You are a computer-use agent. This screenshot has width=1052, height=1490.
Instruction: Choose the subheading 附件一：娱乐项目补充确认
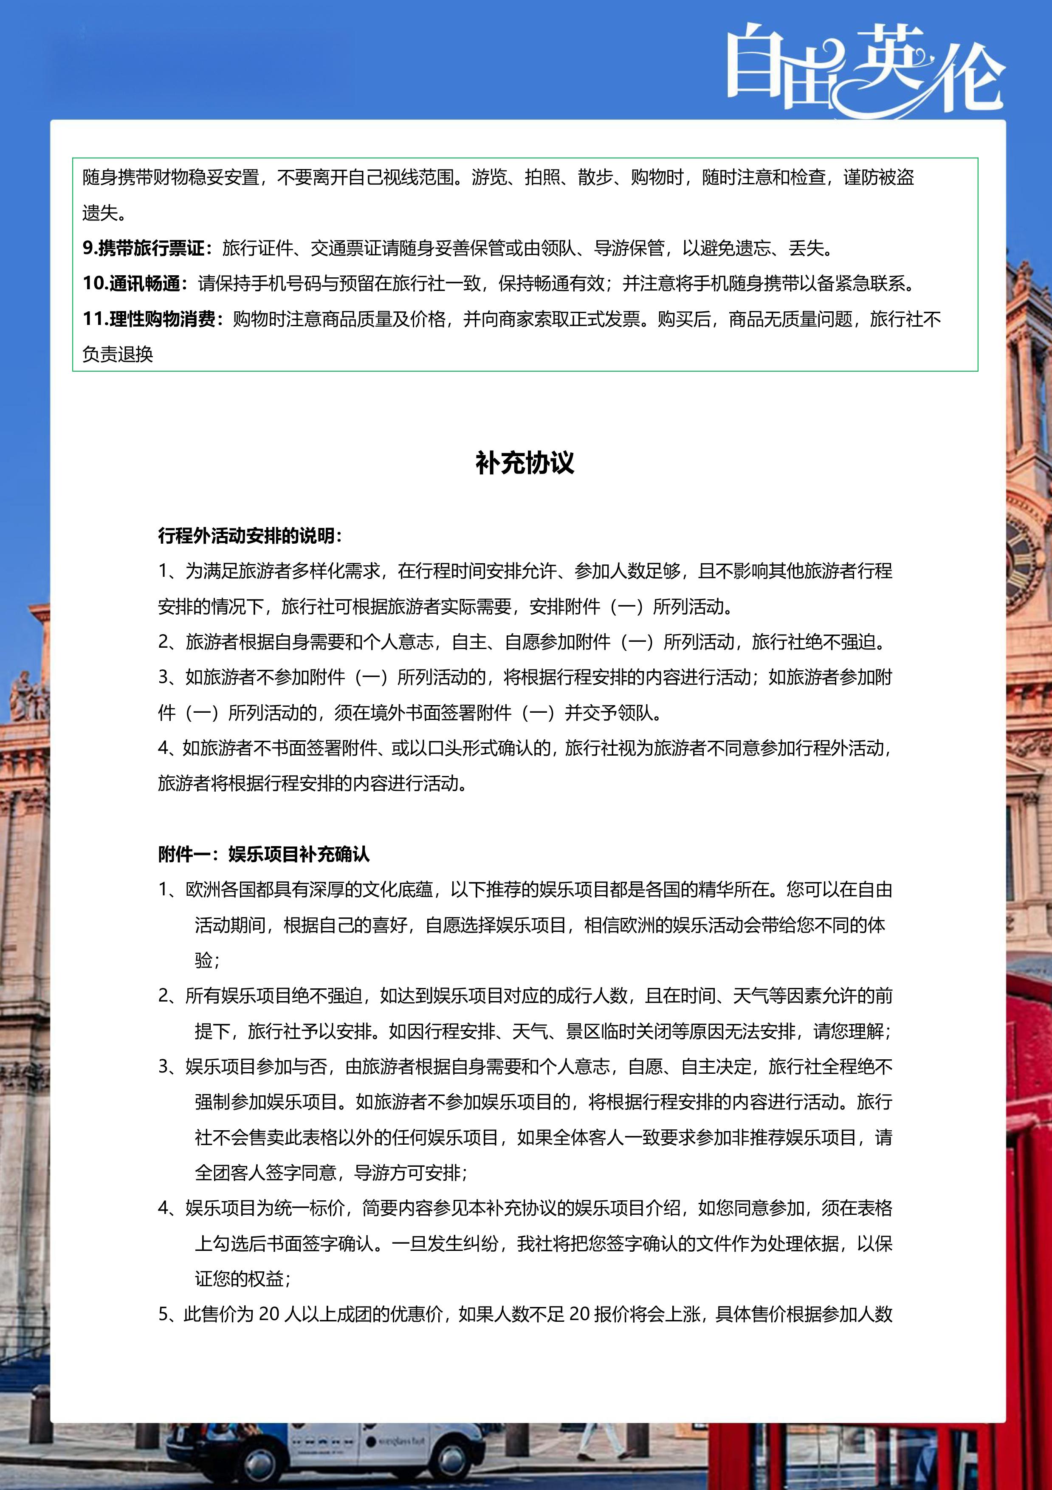pyautogui.click(x=263, y=854)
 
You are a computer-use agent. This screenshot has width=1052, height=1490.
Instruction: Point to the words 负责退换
pyautogui.click(x=118, y=354)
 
